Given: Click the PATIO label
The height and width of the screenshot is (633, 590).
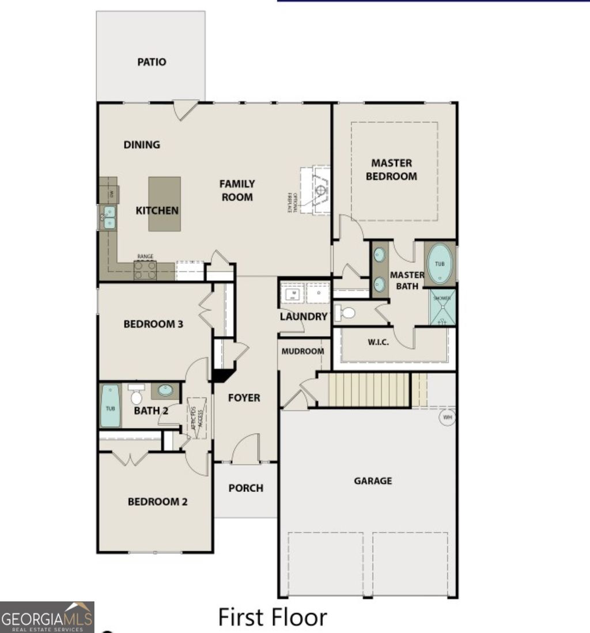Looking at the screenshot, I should (152, 62).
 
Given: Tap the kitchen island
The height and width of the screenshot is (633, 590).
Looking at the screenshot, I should (164, 203).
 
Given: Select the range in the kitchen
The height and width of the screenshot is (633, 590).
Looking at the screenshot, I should (145, 269).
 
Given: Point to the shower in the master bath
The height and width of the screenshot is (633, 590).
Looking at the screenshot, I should (442, 307).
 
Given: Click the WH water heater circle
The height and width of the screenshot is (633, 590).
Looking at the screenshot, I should (447, 417).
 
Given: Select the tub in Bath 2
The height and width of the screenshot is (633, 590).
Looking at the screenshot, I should (110, 406).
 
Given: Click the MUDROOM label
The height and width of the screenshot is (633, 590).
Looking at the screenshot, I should (302, 351).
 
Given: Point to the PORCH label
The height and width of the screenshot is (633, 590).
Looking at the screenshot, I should (245, 488).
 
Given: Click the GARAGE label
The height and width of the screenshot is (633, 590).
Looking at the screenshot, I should (373, 480).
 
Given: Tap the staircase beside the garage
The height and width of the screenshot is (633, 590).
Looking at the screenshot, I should (369, 390).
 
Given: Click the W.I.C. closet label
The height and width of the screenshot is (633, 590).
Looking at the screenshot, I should (378, 342).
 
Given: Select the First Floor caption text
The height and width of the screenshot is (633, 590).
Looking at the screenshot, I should (272, 617).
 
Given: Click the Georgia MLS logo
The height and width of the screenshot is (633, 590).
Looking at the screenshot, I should (47, 617).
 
